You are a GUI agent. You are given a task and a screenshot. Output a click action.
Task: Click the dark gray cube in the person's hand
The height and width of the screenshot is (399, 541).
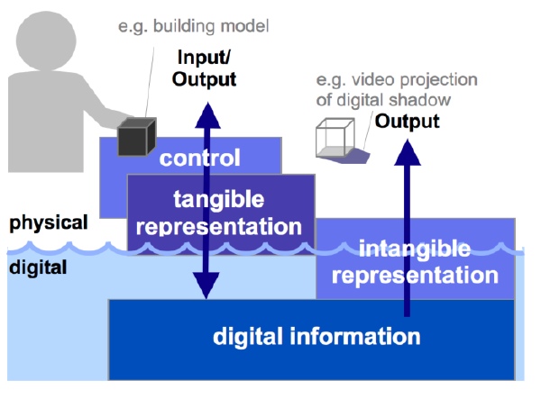(137, 136)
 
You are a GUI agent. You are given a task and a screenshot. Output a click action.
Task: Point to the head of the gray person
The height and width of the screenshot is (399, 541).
(46, 41)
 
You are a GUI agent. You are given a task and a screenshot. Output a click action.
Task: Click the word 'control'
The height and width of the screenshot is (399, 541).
(200, 158)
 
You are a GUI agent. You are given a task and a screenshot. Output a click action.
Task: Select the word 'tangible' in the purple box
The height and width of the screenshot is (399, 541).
(219, 200)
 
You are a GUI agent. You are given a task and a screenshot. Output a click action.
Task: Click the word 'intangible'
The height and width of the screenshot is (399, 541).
(415, 249)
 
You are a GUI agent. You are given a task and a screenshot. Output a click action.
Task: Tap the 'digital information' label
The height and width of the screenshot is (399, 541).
(316, 336)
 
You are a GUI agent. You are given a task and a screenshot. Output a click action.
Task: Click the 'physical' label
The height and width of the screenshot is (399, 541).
(49, 223)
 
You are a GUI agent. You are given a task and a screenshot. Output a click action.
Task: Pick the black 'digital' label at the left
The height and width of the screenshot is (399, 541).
(38, 268)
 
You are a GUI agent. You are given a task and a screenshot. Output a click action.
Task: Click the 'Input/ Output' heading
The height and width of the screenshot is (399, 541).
(204, 68)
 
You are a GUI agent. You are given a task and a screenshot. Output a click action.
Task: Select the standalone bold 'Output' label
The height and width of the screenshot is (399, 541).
(408, 122)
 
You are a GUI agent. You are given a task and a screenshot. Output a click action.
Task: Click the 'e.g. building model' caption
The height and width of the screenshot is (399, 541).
(193, 26)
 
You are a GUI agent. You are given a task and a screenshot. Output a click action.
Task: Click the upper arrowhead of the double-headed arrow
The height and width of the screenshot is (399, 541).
(207, 116)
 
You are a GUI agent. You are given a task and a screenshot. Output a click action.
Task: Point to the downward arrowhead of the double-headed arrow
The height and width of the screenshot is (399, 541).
(206, 286)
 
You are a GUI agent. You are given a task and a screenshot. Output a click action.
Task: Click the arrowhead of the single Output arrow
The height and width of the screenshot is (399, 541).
(408, 152)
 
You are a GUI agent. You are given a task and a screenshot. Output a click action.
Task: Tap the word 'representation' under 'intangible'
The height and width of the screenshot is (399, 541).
(415, 276)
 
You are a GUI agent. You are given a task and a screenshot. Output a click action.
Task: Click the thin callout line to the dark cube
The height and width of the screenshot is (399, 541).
(150, 83)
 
